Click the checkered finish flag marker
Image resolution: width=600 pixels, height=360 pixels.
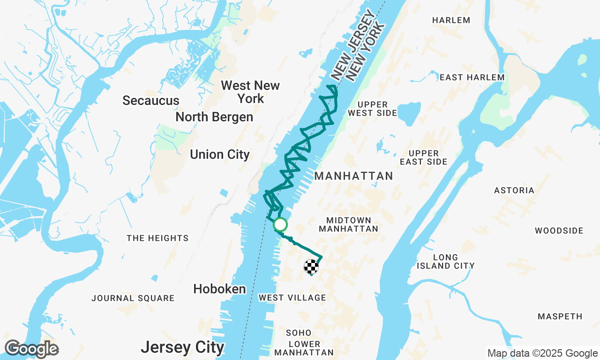click(311, 266)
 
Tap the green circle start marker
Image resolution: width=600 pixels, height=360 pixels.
click(280, 225)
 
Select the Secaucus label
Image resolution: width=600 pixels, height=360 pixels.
click(151, 101)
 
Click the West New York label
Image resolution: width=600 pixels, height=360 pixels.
click(250, 92)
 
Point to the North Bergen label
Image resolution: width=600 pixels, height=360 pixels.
click(214, 117)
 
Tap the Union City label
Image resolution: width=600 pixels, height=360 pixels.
click(220, 155)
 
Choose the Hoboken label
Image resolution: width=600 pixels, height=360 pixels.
click(219, 289)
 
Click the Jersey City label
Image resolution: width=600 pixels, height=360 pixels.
click(182, 347)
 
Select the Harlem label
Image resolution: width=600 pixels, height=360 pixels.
click(451, 20)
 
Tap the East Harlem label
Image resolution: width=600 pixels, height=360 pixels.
click(472, 77)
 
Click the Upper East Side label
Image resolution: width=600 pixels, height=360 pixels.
click(424, 157)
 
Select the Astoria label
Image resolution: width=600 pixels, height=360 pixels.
click(514, 190)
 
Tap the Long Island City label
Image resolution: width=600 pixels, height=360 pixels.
click(445, 262)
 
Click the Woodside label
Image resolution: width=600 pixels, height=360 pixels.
click(559, 231)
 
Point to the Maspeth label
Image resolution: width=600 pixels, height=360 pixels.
click(560, 316)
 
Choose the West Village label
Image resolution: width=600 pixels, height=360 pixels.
click(292, 298)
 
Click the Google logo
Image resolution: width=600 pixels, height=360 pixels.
click(31, 349)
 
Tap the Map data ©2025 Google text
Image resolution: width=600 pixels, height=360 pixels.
click(542, 353)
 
